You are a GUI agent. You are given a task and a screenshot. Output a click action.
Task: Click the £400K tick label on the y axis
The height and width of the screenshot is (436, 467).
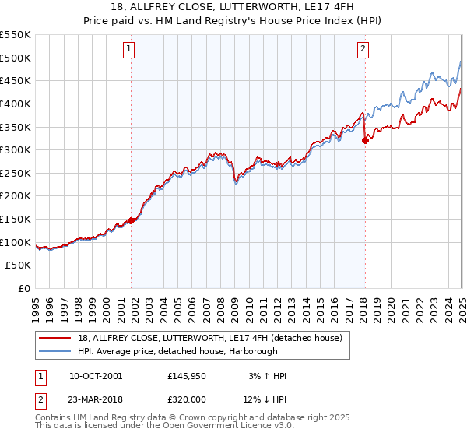pos(16,104)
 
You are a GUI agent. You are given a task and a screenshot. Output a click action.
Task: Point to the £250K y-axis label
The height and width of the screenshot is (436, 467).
pos(16,173)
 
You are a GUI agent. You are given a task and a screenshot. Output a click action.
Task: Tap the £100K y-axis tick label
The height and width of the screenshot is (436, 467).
pos(16,242)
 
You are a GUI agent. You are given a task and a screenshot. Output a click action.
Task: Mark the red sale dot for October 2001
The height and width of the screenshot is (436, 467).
pos(132,220)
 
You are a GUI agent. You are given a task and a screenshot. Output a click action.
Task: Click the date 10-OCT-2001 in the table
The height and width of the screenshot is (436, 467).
pos(96,376)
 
